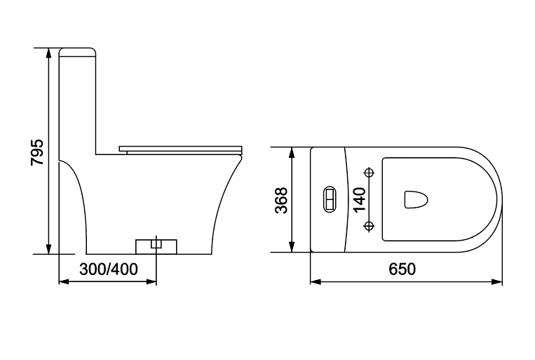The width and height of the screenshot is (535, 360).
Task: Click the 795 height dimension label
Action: tap(37, 152)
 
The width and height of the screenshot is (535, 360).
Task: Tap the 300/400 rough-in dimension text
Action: tap(109, 269)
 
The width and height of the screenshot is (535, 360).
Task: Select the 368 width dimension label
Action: tap(281, 200)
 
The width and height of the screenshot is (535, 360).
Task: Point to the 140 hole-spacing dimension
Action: tap(360, 199)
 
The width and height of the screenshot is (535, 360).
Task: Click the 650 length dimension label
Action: tap(402, 269)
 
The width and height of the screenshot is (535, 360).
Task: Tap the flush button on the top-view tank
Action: tap(330, 199)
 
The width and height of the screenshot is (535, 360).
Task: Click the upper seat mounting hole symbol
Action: tap(369, 173)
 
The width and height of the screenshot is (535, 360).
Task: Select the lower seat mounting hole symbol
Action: tap(369, 226)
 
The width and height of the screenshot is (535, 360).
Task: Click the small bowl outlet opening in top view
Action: tap(416, 199)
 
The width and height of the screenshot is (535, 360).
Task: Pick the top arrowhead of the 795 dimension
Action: tap(49, 53)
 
